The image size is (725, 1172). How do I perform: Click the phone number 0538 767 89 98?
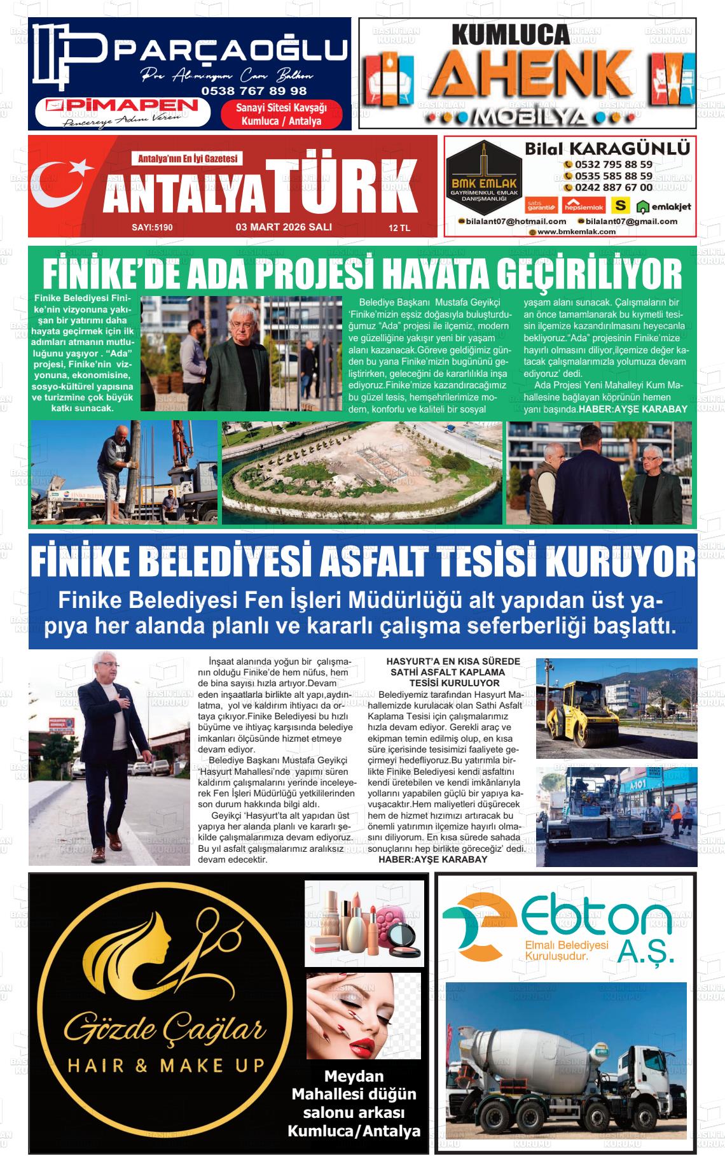click(x=254, y=91)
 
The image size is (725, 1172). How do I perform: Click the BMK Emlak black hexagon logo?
click(x=483, y=174)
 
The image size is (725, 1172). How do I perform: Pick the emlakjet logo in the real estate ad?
click(x=664, y=206)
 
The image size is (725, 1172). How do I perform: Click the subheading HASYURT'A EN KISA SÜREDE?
click(x=453, y=661)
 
